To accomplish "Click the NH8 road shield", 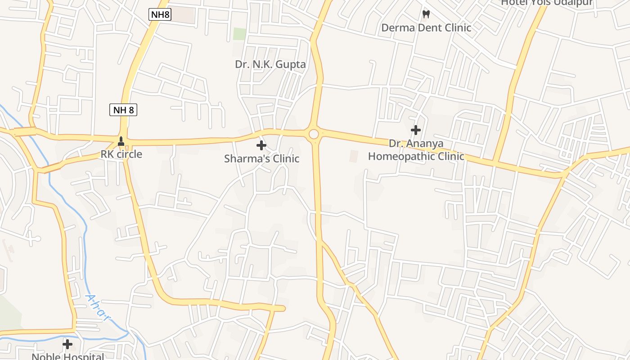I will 160,14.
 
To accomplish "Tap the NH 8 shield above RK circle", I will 123,109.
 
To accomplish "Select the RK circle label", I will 121,154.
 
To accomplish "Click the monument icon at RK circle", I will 121,141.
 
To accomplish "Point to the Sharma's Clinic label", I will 261,158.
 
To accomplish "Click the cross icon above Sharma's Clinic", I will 261,145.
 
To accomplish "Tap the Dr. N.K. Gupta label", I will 270,64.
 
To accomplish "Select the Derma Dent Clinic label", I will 426,27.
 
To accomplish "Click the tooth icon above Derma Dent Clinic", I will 426,14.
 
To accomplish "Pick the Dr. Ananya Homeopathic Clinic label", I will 416,150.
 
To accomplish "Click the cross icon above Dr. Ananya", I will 416,130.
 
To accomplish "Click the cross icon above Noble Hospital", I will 67,344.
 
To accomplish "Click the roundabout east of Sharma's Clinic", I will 314,134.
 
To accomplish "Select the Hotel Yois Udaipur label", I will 547,3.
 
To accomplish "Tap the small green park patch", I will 240,34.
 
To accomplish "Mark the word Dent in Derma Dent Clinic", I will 430,27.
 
